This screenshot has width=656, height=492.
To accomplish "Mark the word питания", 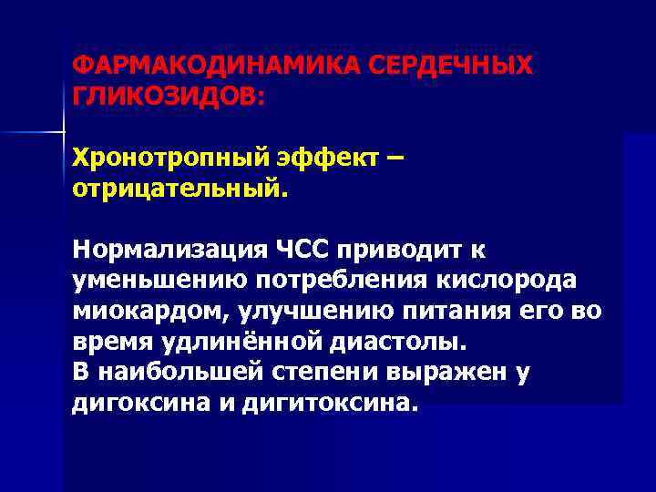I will click(x=463, y=313).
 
